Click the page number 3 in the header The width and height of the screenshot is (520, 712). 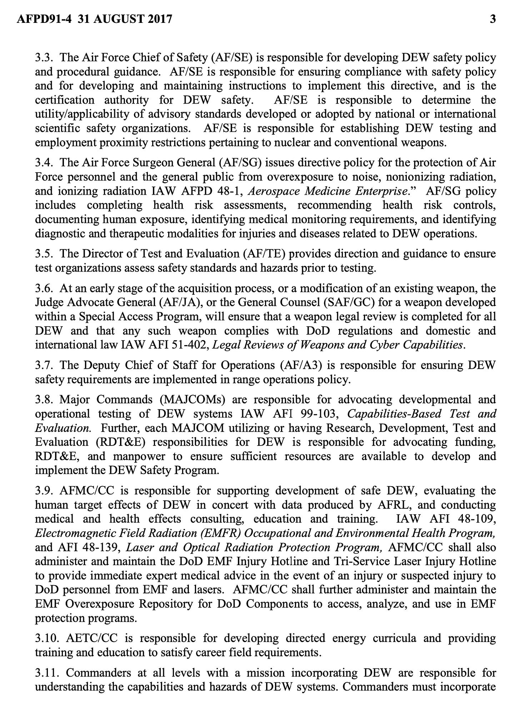493,19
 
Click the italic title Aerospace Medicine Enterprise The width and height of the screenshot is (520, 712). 327,191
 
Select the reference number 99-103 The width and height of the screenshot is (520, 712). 323,414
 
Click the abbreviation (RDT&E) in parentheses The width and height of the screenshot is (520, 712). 120,442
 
